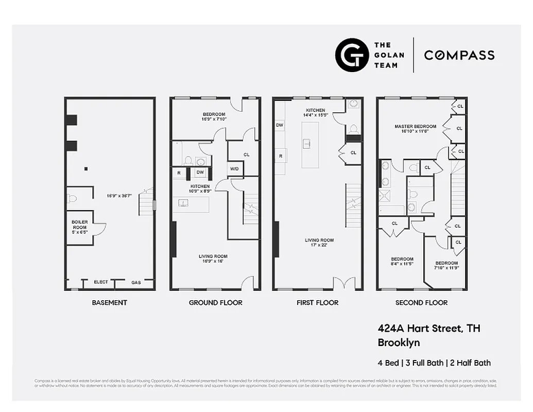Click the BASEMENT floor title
(109, 302)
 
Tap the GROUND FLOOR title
(215, 302)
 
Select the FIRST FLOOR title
(317, 302)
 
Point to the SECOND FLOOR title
(421, 302)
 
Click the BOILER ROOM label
(79, 225)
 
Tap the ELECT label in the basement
(101, 282)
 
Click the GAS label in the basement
(136, 282)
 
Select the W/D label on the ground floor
(234, 168)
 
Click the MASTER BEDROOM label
(415, 126)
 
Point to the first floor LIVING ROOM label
(319, 240)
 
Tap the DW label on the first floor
(280, 125)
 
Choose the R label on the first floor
(281, 156)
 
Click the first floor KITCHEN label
(316, 110)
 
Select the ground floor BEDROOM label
(214, 114)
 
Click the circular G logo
(352, 55)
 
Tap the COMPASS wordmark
(459, 55)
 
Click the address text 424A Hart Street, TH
(429, 328)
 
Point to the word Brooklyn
(399, 342)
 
